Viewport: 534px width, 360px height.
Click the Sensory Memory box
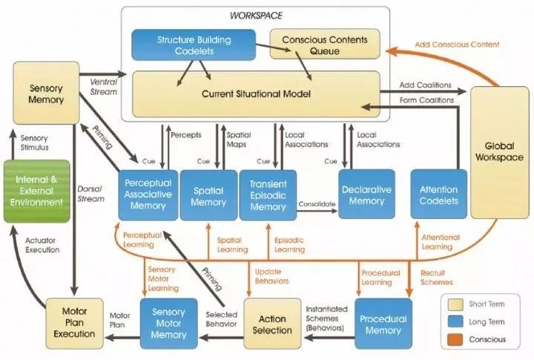pos(46,93)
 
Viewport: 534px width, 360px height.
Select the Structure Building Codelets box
pos(194,45)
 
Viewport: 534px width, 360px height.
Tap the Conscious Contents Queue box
pos(325,44)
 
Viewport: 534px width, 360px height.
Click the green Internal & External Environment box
pos(37,192)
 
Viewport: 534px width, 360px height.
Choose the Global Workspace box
pos(500,152)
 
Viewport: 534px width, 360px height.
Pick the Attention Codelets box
pos(438,194)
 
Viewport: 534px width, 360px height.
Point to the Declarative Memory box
pos(367,194)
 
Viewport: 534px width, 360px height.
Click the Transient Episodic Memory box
pos(268,195)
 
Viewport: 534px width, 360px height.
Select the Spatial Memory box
pos(208,195)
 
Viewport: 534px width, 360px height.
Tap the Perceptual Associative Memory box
pos(148,195)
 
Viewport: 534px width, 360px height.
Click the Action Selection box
pos(272,324)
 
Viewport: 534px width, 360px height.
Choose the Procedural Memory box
pos(383,324)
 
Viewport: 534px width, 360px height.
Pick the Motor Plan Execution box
pos(75,324)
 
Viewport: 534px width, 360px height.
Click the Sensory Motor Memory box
pos(169,324)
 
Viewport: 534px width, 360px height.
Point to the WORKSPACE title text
pos(256,16)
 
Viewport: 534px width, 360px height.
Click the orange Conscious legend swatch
pos(455,340)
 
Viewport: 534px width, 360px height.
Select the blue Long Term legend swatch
pos(455,322)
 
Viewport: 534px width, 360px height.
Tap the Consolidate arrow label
pos(317,204)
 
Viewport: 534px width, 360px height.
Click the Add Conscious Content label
pos(457,45)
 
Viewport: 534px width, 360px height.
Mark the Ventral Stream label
pos(104,87)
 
